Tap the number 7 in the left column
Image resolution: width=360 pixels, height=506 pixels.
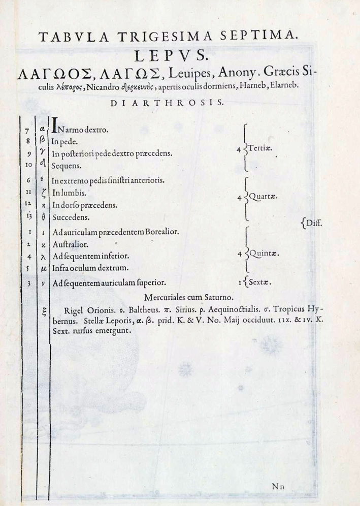[30, 133]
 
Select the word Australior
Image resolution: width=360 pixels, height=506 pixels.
[71, 244]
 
